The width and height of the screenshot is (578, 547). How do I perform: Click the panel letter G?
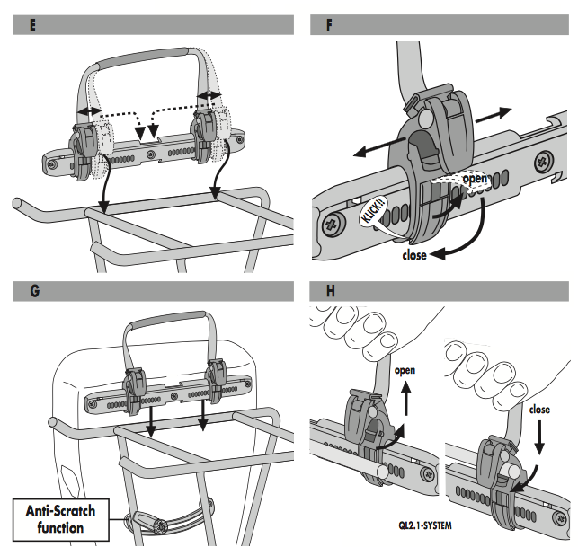pyautogui.click(x=33, y=292)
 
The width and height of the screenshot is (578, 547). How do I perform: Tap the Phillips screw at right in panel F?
pyautogui.click(x=545, y=163)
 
